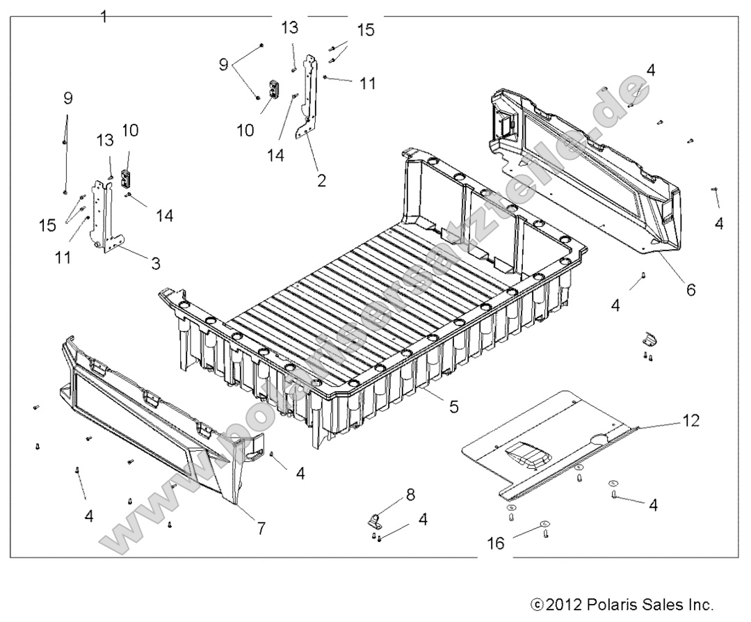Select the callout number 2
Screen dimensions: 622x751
point(321,180)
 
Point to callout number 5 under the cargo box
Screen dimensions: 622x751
point(454,406)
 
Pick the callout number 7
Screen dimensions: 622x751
point(261,528)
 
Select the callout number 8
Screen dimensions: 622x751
point(410,495)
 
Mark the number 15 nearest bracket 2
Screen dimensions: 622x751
point(365,30)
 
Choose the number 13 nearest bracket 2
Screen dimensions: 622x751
point(290,27)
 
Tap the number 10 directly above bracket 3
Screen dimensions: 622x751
point(130,130)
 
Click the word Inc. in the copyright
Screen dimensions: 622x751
point(697,603)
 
